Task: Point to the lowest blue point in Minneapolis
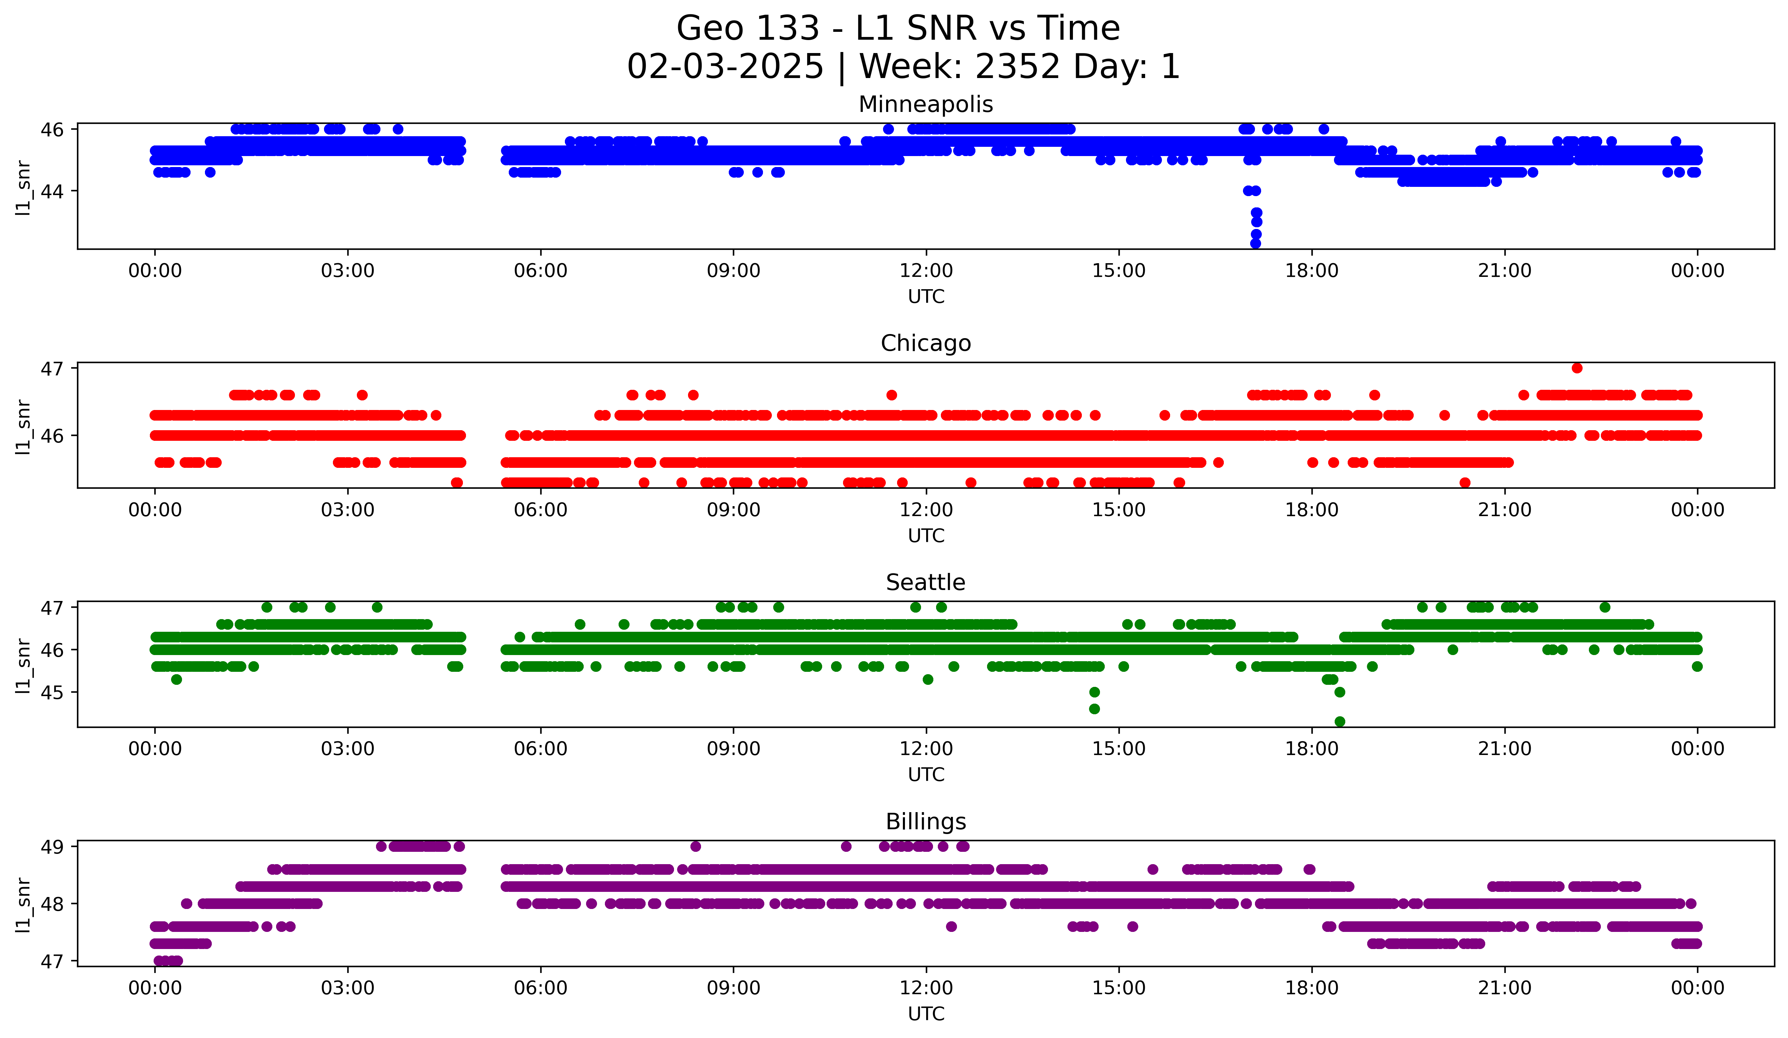[1255, 243]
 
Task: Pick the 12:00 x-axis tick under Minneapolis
[926, 271]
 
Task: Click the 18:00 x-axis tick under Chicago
[1311, 510]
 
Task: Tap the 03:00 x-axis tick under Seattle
[348, 749]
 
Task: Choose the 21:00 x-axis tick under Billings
[1504, 988]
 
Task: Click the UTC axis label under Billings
[926, 1014]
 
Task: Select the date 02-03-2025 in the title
[725, 67]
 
